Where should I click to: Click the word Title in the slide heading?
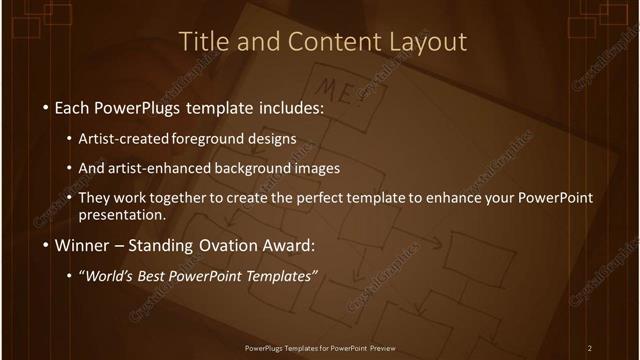(200, 42)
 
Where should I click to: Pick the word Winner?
(82, 245)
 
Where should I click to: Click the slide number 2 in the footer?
(590, 348)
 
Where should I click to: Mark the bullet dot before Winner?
(46, 246)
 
